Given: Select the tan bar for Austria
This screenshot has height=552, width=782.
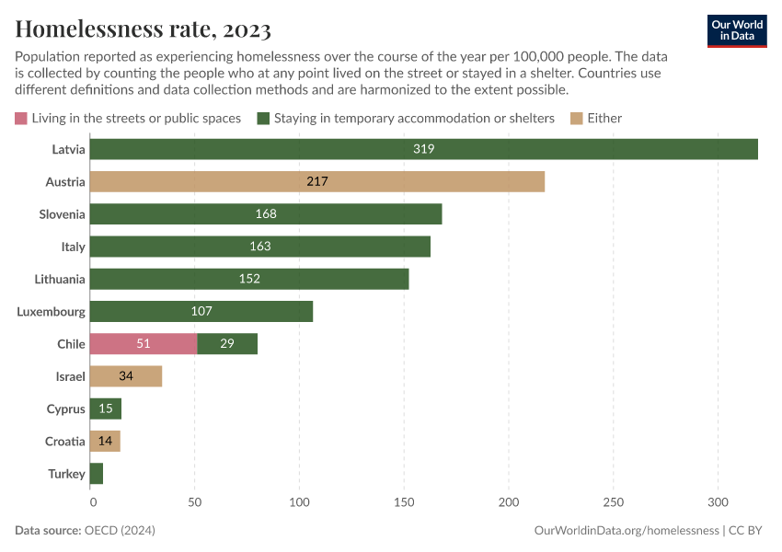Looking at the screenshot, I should (318, 182).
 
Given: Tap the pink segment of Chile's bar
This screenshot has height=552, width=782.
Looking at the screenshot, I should (144, 344).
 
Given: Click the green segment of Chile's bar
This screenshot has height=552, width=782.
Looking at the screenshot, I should (227, 344).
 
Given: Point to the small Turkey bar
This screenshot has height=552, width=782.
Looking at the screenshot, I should (98, 474).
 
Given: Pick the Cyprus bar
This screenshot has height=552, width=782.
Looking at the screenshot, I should (107, 409).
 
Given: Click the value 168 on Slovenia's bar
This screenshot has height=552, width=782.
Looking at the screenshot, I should (266, 214).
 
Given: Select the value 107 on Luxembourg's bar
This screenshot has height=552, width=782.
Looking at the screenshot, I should (201, 312).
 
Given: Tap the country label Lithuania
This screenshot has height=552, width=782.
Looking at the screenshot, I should (60, 279).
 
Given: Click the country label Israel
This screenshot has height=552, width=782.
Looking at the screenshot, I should (70, 376).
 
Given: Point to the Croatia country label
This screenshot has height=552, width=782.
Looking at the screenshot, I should (65, 442).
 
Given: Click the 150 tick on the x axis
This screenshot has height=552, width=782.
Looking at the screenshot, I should (405, 502).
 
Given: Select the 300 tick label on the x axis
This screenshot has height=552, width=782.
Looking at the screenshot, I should (718, 502).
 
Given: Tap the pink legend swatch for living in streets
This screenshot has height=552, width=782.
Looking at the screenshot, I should (21, 118).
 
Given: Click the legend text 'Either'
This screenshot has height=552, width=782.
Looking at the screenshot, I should (605, 118).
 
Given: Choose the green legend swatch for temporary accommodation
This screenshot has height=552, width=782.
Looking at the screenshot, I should (263, 118).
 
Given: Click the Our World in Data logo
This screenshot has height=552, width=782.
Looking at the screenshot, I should (736, 30).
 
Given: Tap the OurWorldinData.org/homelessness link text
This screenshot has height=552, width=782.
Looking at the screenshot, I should (626, 531).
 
